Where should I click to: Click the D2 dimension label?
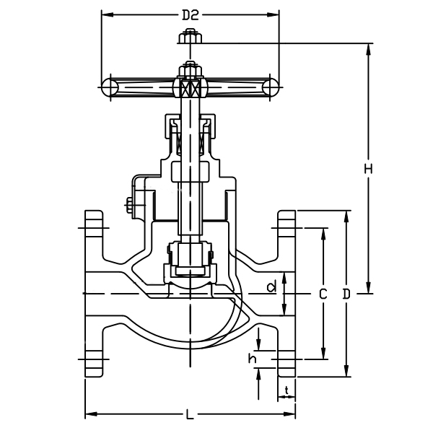pyautogui.click(x=190, y=14)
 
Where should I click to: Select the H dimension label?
pyautogui.click(x=368, y=169)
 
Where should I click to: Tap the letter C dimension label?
pyautogui.click(x=323, y=294)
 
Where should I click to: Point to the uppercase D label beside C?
pyautogui.click(x=347, y=294)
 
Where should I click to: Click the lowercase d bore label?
pyautogui.click(x=272, y=287)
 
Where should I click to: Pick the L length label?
pyautogui.click(x=190, y=414)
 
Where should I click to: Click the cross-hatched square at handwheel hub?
pyautogui.click(x=191, y=89)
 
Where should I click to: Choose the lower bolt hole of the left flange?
pyautogui.click(x=94, y=358)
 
